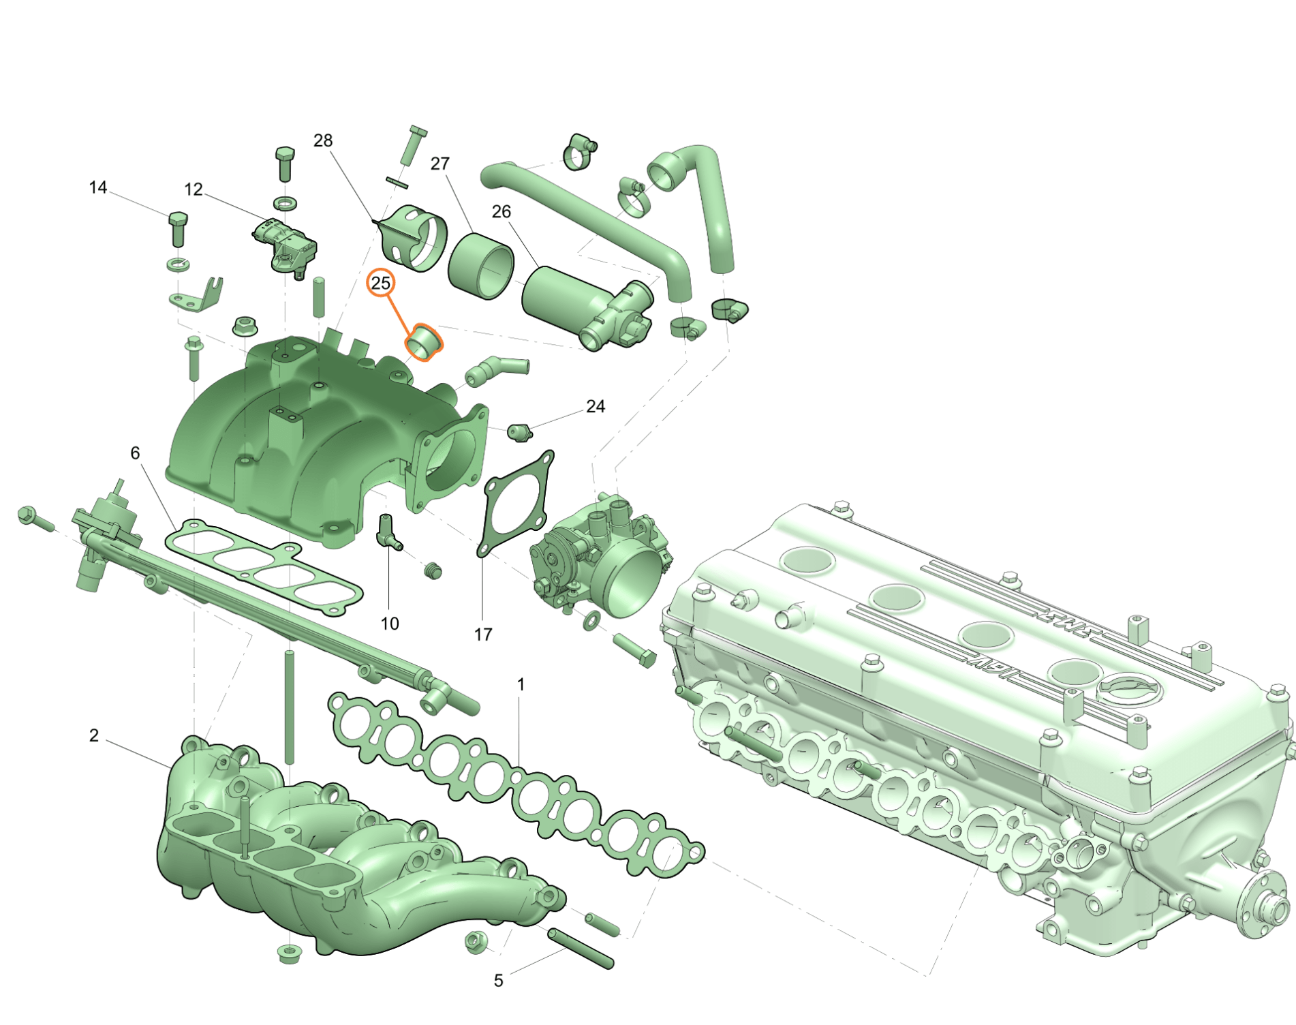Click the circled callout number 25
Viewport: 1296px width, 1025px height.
(x=380, y=283)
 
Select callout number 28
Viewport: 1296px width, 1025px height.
(x=323, y=140)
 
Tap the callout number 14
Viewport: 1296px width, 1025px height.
(x=98, y=187)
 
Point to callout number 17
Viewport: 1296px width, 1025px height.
(x=483, y=634)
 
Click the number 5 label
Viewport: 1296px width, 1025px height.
(x=499, y=981)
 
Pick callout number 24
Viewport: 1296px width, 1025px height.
(x=596, y=406)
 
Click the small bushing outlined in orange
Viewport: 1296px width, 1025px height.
(x=425, y=341)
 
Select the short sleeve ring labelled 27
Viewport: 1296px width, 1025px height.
(x=480, y=266)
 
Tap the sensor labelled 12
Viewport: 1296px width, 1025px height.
(x=285, y=245)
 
